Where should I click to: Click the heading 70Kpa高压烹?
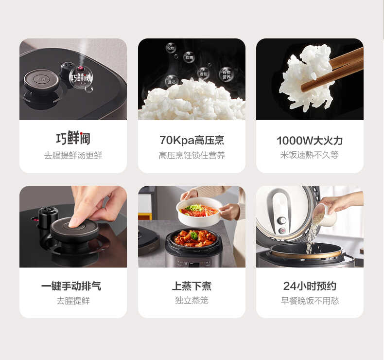click(x=192, y=141)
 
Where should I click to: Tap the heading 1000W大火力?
click(x=310, y=141)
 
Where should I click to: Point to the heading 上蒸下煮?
click(x=192, y=286)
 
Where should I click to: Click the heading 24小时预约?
click(x=310, y=286)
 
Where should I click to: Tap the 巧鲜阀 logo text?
click(x=73, y=139)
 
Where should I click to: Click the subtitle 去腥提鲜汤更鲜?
click(x=73, y=156)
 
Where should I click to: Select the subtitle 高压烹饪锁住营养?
click(x=192, y=156)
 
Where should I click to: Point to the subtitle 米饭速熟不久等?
click(x=310, y=156)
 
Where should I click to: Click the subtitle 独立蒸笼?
click(x=192, y=301)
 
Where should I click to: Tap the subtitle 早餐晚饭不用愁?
click(x=310, y=301)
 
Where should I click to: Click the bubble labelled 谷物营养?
click(x=227, y=74)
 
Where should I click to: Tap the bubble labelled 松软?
click(x=171, y=48)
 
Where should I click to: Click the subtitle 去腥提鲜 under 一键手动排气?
click(x=73, y=301)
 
